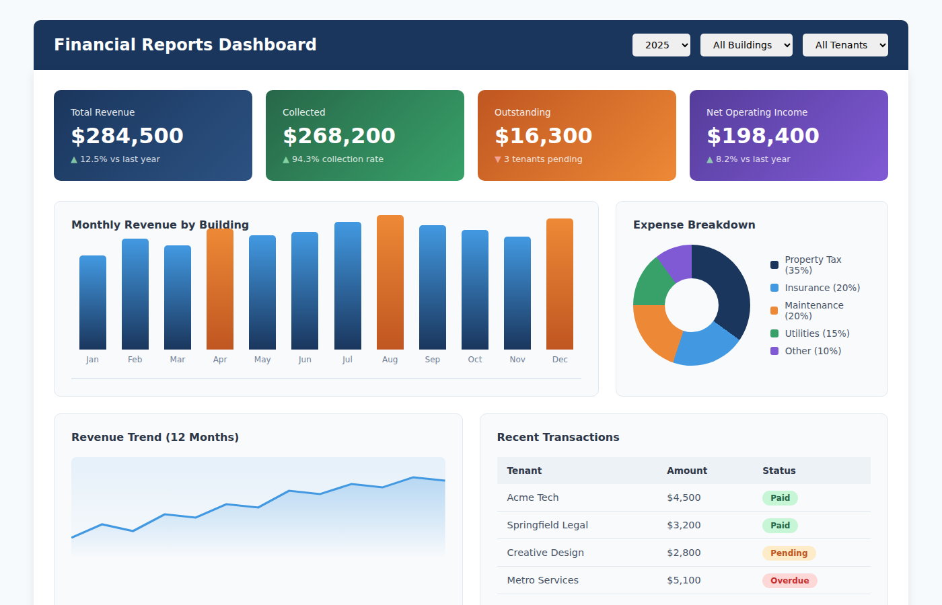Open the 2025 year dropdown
point(661,45)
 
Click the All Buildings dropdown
point(746,45)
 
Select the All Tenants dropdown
point(845,45)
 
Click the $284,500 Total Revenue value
point(127,136)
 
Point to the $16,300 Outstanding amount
point(543,136)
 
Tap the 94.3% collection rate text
point(337,159)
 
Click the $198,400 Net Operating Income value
point(762,136)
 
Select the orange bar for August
point(390,282)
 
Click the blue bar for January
point(93,302)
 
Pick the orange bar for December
point(560,284)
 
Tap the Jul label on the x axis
point(347,360)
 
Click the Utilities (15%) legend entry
point(816,333)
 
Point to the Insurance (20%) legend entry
point(822,288)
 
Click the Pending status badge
point(789,553)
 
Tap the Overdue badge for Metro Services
point(789,581)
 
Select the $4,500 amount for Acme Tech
point(684,497)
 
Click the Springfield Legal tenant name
point(547,525)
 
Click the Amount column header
point(687,471)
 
